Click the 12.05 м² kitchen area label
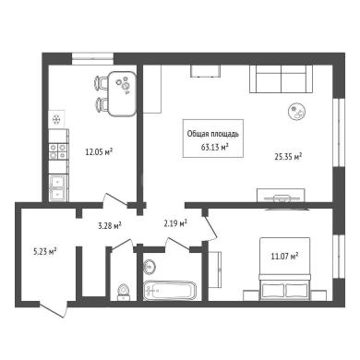[99, 151]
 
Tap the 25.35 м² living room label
[288, 157]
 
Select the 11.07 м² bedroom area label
[285, 256]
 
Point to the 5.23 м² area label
[44, 252]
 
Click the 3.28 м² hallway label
[110, 226]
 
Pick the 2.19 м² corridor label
[175, 223]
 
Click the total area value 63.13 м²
[214, 147]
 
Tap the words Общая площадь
[213, 134]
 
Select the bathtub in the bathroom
[170, 291]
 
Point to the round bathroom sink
[150, 266]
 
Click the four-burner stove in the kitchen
[58, 151]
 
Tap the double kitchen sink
[58, 188]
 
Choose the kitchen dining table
[123, 93]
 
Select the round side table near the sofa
[297, 111]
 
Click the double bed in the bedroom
[285, 269]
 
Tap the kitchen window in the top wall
[92, 58]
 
